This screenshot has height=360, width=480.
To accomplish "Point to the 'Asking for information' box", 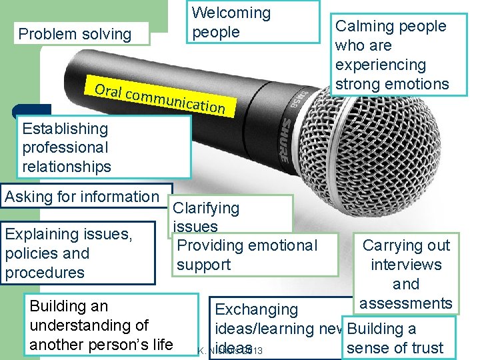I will pos(82,197).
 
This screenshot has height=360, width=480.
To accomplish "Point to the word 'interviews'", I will pos(406,265).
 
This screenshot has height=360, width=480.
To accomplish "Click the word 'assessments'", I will pos(405,303).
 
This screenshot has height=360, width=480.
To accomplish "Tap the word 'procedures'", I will pos(45,273).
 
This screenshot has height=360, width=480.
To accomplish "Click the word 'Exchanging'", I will pos(256,309).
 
